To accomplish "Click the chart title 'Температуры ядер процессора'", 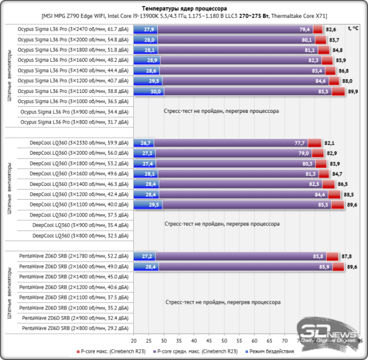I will [184, 9].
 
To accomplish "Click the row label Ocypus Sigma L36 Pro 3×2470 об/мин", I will [73, 29].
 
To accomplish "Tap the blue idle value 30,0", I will [155, 92].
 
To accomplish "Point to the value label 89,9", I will [353, 92].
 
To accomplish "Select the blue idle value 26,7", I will [146, 143].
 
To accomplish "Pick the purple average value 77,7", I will [300, 143].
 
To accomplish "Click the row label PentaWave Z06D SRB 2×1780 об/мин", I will [74, 256].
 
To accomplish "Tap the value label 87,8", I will [346, 256].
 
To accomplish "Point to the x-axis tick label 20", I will [134, 340].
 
